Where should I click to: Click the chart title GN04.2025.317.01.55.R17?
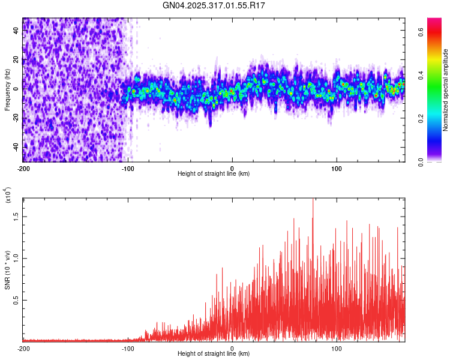pos(214,5)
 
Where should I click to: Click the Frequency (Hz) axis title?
pos(8,90)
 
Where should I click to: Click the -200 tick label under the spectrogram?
pos(23,168)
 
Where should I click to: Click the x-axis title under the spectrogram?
pos(214,174)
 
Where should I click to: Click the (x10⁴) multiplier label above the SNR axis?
pos(8,196)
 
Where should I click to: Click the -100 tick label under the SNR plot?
pos(128,348)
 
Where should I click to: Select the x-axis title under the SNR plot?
pos(214,354)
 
